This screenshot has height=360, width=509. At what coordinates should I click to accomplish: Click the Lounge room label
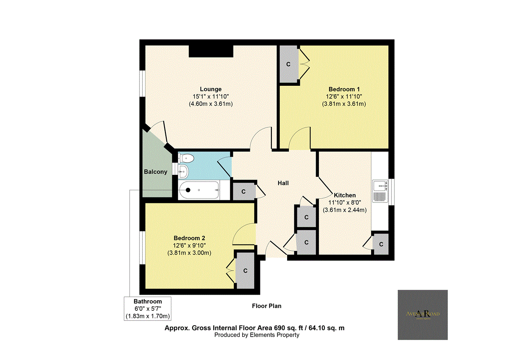pyautogui.click(x=211, y=89)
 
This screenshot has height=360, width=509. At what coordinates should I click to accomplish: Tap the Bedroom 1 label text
pyautogui.click(x=344, y=89)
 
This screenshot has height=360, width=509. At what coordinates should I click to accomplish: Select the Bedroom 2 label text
pyautogui.click(x=189, y=238)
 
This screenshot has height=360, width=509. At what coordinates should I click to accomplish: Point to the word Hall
pyautogui.click(x=283, y=183)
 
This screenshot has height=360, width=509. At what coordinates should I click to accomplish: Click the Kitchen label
pyautogui.click(x=344, y=195)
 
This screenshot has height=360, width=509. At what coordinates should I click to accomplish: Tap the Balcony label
pyautogui.click(x=155, y=172)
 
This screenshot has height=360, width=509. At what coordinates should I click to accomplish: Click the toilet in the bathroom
pyautogui.click(x=186, y=158)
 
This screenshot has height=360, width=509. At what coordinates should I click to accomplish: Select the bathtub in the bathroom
pyautogui.click(x=199, y=190)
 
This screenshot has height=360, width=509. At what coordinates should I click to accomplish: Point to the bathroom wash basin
pyautogui.click(x=183, y=172)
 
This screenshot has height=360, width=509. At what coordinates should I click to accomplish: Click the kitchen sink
pyautogui.click(x=380, y=191)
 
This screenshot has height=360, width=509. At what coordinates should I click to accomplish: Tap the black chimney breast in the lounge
pyautogui.click(x=211, y=51)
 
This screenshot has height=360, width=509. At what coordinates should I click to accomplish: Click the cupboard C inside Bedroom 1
pyautogui.click(x=288, y=65)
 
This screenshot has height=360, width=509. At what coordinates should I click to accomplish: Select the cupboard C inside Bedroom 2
pyautogui.click(x=245, y=270)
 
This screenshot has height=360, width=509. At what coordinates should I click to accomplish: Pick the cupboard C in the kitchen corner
pyautogui.click(x=381, y=244)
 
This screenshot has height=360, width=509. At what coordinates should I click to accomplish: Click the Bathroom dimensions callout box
pyautogui.click(x=148, y=309)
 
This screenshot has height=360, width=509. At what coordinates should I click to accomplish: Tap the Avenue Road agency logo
pyautogui.click(x=422, y=315)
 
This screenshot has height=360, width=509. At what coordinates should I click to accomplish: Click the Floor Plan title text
pyautogui.click(x=266, y=306)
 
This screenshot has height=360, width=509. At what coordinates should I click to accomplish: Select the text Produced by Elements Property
pyautogui.click(x=257, y=335)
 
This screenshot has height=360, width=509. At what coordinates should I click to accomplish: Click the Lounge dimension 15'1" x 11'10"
pyautogui.click(x=211, y=96)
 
